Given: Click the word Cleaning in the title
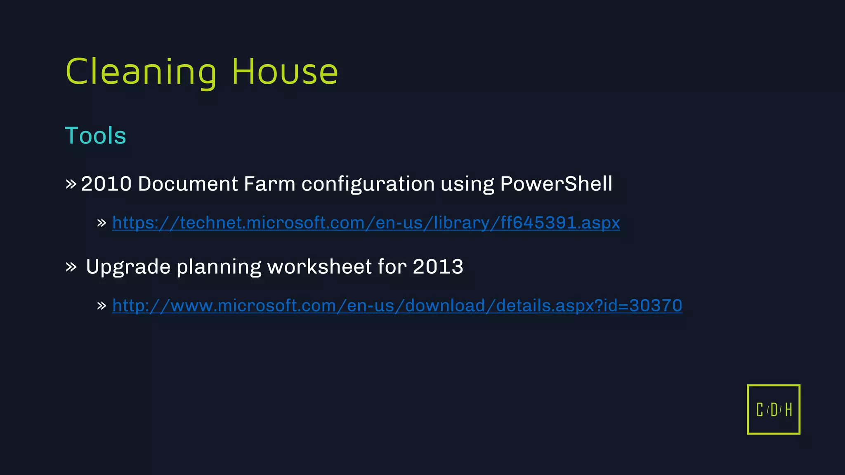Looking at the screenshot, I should click(141, 72).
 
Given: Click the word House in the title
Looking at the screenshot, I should click(285, 72).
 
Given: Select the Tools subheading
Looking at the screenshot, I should click(95, 136).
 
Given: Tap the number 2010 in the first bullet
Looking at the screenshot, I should click(106, 184).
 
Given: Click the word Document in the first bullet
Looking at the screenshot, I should click(188, 184).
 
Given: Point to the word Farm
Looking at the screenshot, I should click(269, 184).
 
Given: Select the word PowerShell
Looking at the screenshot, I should click(556, 184).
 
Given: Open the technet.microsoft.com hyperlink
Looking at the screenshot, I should click(366, 223).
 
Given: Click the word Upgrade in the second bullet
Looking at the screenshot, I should click(128, 267).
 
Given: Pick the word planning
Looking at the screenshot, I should click(219, 267).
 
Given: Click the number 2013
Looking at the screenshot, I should click(438, 267).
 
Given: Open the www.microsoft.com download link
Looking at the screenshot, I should click(397, 306).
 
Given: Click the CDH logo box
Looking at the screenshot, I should click(773, 409).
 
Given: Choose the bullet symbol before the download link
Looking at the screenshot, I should click(101, 306).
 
